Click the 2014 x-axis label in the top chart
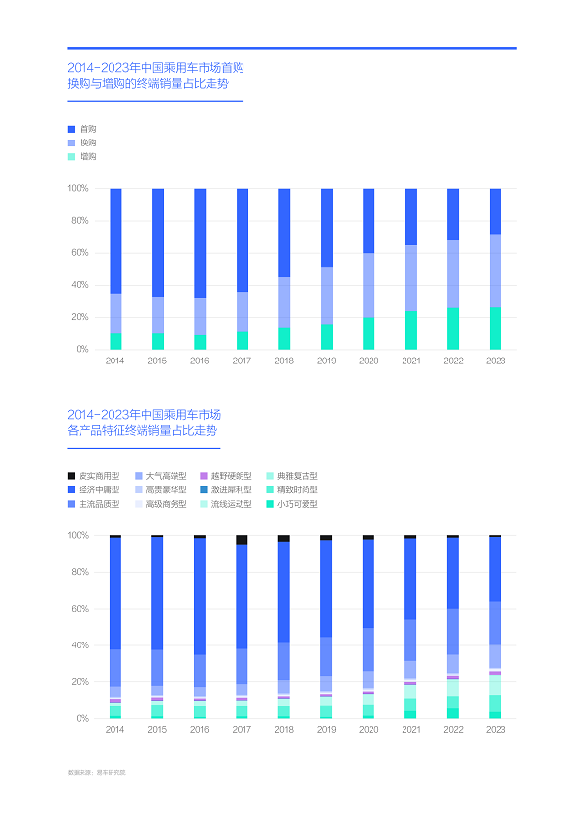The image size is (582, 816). pos(115,361)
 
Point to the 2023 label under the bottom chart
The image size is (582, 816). pos(495,730)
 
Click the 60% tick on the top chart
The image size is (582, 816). pos(78,253)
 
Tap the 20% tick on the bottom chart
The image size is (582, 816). pos(78,682)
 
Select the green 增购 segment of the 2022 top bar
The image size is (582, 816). pos(453,329)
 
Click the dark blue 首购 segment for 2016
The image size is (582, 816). pos(200,242)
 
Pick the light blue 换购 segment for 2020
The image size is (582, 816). pos(369,285)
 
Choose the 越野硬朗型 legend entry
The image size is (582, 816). pos(231,476)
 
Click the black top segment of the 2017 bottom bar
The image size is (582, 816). pos(242,540)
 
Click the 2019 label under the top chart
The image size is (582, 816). pos(326,361)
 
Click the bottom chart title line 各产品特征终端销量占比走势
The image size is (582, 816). pos(143,429)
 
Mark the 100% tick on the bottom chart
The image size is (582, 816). pos(77,535)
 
